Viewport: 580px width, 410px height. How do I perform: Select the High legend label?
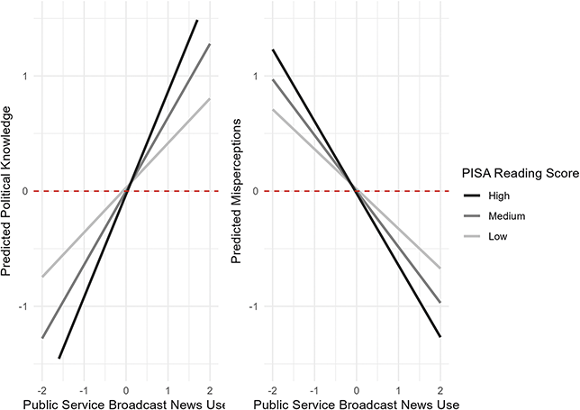(x=501, y=195)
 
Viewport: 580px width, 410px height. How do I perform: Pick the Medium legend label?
(x=507, y=216)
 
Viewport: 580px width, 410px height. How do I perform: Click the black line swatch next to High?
(x=473, y=195)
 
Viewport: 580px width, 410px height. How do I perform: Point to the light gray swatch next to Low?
(x=473, y=237)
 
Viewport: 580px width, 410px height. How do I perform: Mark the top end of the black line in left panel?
(x=197, y=20)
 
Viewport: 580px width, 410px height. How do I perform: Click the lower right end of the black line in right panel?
(x=440, y=337)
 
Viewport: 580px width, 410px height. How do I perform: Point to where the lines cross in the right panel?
(x=356, y=189)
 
